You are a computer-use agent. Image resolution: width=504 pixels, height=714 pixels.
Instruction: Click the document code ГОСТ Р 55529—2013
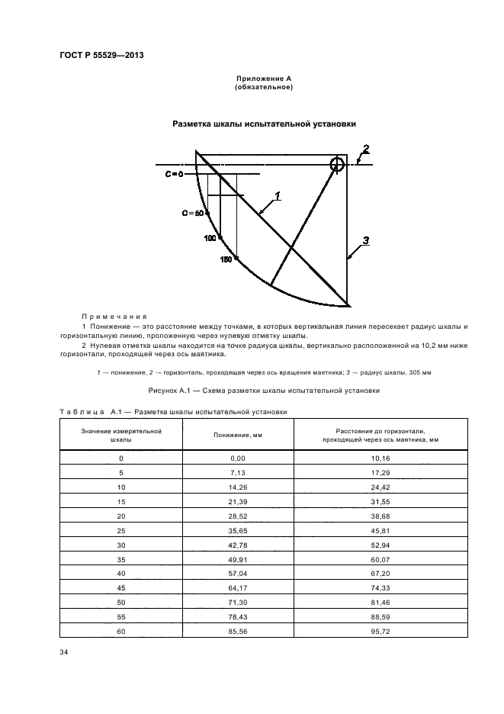pos(101,55)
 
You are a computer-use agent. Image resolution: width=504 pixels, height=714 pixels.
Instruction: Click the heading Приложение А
pos(264,79)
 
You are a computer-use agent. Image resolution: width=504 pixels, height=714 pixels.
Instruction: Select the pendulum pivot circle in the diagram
pos(337,163)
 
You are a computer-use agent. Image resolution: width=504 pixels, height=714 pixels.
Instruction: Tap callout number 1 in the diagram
pos(278,196)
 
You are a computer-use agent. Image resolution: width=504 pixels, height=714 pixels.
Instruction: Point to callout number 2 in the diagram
pos(366,149)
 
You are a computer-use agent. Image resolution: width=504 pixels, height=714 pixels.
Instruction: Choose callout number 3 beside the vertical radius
pos(365,240)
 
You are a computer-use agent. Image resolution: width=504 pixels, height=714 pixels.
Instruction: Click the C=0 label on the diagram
pos(175,175)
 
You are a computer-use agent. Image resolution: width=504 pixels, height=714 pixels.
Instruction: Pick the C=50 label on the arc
pos(193,213)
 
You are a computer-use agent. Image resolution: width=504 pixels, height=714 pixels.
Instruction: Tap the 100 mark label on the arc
pos(210,239)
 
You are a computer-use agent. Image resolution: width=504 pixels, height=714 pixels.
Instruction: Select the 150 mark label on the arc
pos(226,260)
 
